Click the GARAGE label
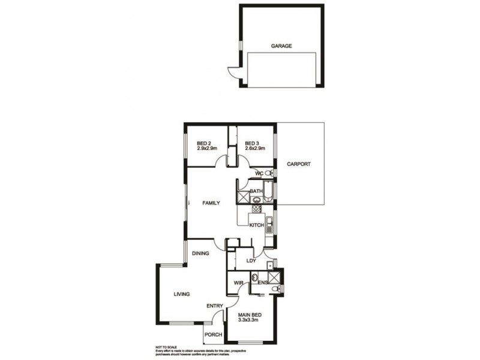(281, 46)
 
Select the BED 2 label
(203, 143)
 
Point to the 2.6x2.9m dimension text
(255, 149)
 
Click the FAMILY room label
(210, 203)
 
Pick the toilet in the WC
(269, 173)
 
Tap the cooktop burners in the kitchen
(257, 210)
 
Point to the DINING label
(200, 253)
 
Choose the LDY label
(252, 261)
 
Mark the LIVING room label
(181, 294)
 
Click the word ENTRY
(215, 306)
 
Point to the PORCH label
(214, 335)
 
